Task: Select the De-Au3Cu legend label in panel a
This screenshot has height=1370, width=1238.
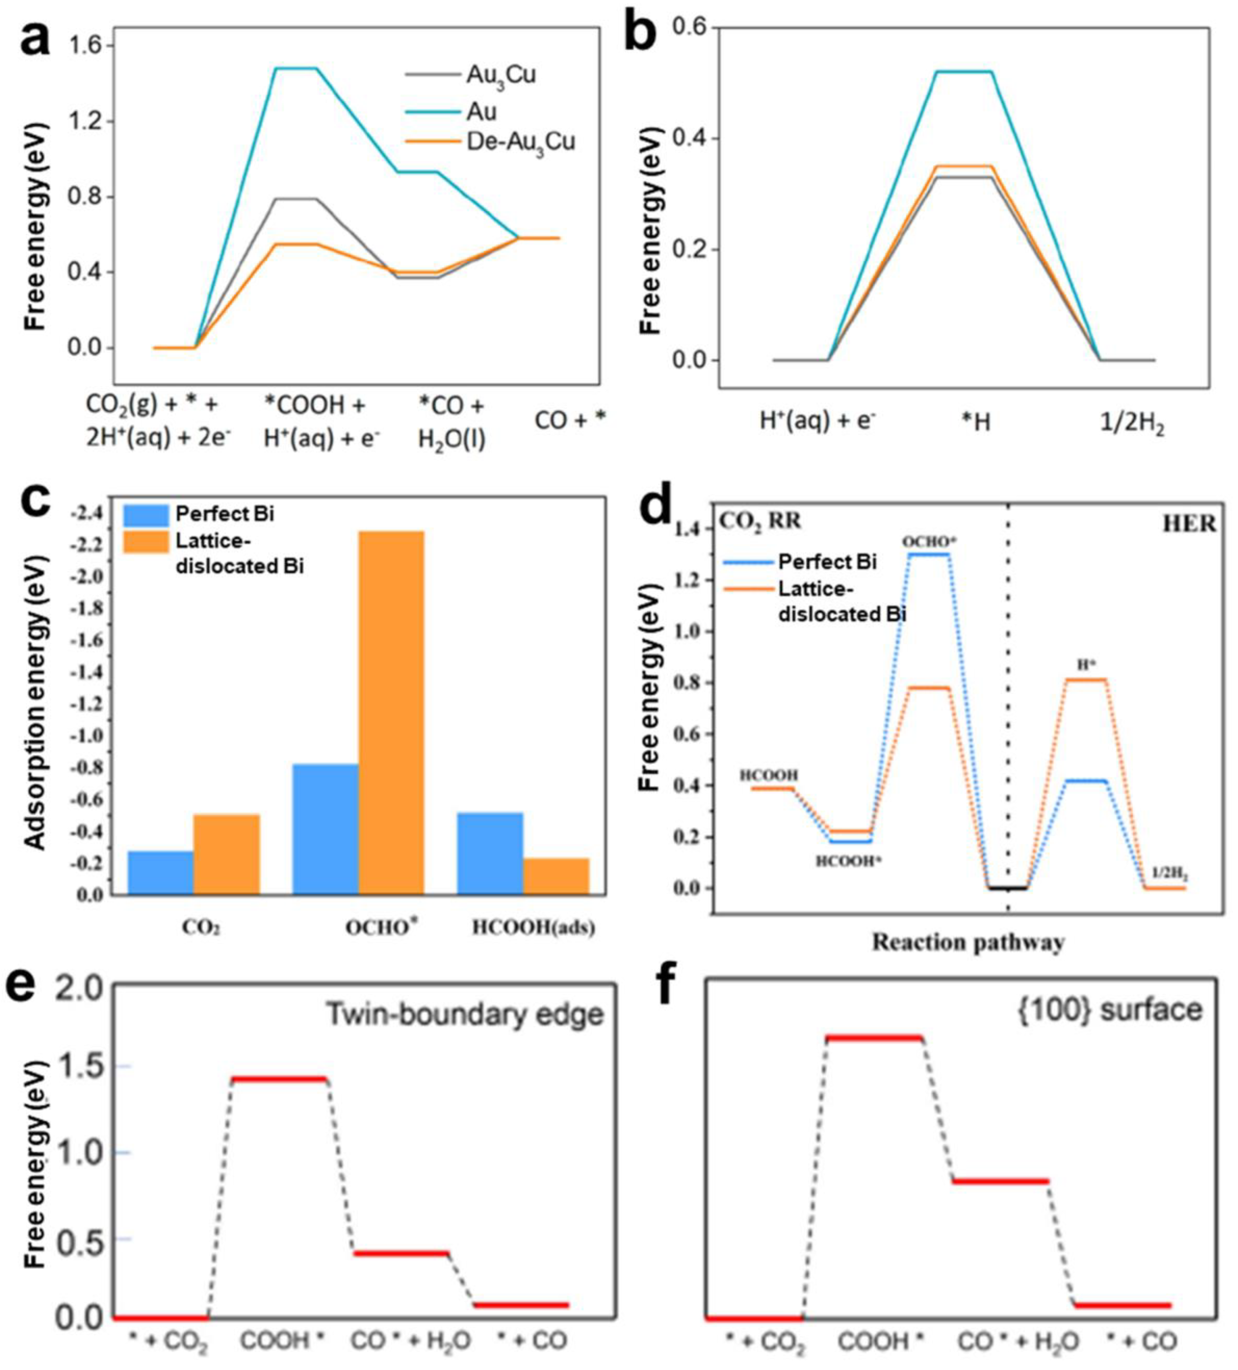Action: (x=520, y=141)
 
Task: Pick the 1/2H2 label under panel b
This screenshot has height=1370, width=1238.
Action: (x=1132, y=425)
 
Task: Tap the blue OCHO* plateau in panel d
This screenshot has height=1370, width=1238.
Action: (x=928, y=554)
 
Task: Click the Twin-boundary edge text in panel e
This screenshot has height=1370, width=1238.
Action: (x=464, y=1014)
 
